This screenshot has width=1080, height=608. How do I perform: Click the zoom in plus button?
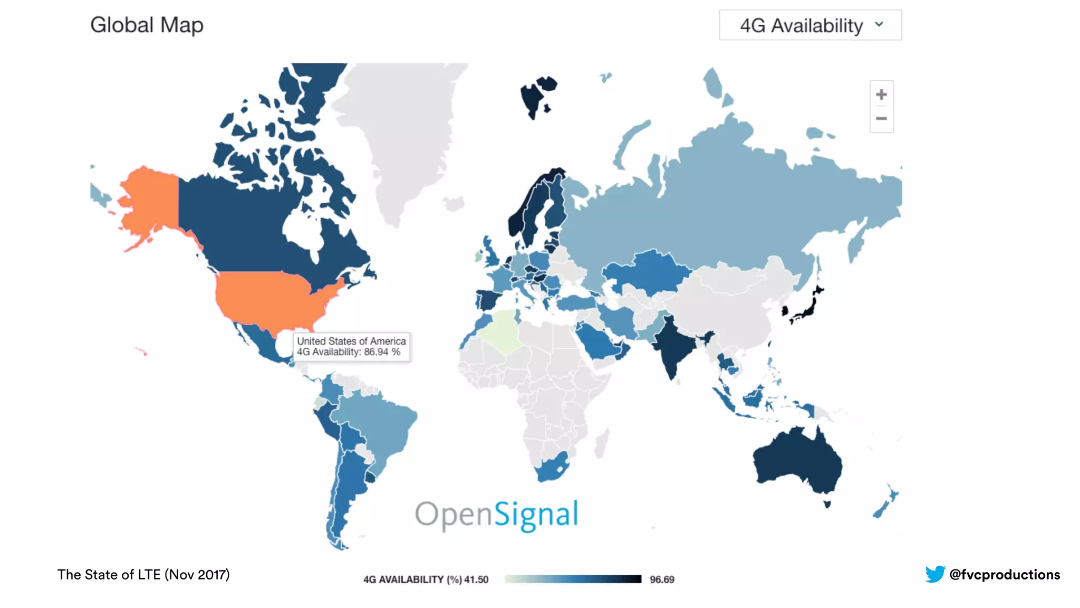pos(881,94)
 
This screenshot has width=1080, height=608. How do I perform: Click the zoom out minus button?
pos(881,119)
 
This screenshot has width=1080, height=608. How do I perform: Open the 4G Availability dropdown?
pos(810,25)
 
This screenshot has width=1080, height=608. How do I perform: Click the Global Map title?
pos(147,25)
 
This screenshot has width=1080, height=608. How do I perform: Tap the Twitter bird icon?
pos(935,574)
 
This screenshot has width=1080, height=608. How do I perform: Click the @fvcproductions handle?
pos(1004,574)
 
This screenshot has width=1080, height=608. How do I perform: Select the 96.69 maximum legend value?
pos(662,579)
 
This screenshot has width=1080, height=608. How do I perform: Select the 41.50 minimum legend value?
pos(476,579)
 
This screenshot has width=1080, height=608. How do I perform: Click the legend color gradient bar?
pos(573,579)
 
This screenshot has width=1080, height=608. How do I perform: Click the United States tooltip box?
pos(351,347)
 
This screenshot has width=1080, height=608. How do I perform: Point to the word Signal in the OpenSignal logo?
pos(536,515)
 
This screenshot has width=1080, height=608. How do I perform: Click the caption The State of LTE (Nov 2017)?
pos(143,574)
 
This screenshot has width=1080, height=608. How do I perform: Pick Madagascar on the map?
pos(601,443)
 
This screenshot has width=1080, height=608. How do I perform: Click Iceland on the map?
pos(454,203)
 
